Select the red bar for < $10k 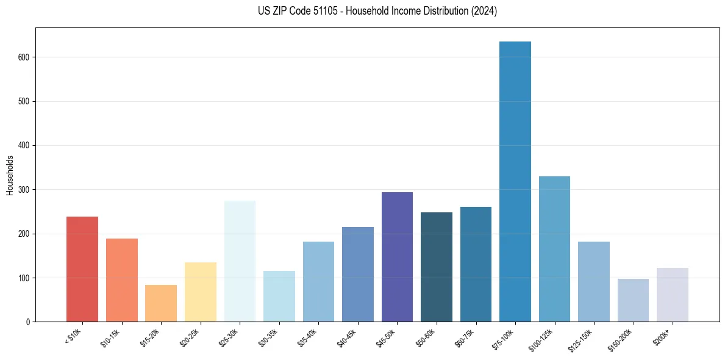(82, 269)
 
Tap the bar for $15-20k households (161, 303)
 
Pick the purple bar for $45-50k (397, 257)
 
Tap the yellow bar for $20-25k (201, 292)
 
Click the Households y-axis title (10, 175)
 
